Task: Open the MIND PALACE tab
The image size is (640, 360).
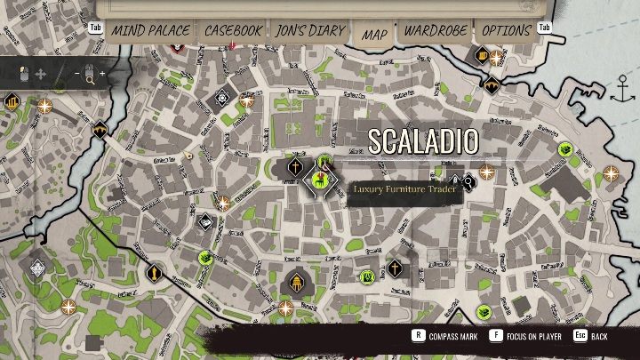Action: coord(150,31)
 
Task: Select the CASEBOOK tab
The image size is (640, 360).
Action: coord(233,31)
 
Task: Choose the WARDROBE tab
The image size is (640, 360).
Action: coord(436,31)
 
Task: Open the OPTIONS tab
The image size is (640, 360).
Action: coord(506,31)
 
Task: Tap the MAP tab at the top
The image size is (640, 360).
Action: coord(374,35)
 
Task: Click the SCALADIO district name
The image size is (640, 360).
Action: coord(423,140)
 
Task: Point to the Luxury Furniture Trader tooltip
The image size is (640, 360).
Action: coord(404,189)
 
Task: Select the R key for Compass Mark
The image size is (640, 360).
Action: coord(418,337)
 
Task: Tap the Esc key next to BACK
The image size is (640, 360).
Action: coord(580,337)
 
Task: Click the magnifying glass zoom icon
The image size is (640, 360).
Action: coord(90,79)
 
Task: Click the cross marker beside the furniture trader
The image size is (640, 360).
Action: coord(294,167)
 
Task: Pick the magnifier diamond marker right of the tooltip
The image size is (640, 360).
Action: coord(468,181)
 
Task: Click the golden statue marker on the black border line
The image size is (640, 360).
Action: coord(155,272)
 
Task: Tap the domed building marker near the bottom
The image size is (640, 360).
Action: coord(292,284)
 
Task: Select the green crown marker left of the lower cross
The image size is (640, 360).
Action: coord(367,277)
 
